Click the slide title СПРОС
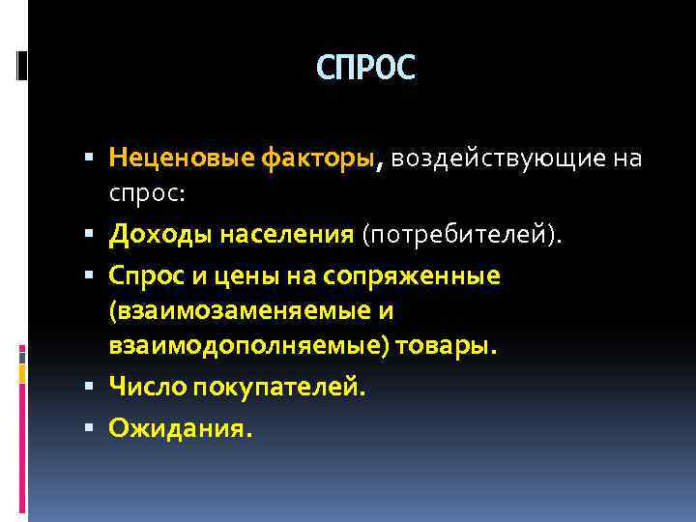[x=365, y=68]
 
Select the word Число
[x=147, y=388]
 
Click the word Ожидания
[x=180, y=427]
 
